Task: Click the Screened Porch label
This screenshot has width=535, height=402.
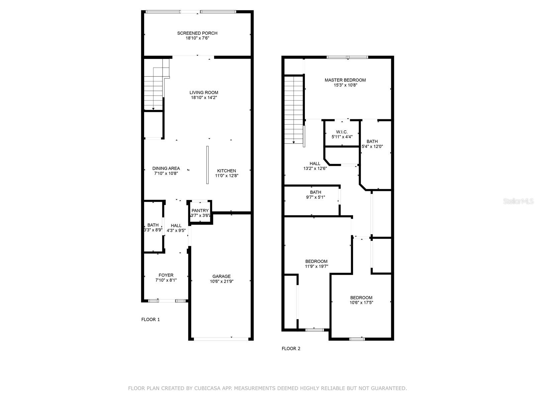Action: click(x=197, y=33)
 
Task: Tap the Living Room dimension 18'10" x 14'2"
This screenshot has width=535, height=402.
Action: click(x=204, y=97)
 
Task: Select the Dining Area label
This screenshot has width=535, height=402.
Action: click(x=166, y=169)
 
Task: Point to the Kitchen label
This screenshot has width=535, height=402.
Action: click(x=226, y=171)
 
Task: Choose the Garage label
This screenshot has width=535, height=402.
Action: click(x=221, y=276)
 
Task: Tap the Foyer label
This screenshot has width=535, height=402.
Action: click(x=166, y=275)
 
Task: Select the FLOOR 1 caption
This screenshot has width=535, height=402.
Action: click(x=150, y=320)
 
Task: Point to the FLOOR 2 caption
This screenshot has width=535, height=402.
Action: click(x=291, y=348)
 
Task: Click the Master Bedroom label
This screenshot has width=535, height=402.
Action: click(x=345, y=80)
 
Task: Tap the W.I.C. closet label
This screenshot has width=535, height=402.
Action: click(x=342, y=132)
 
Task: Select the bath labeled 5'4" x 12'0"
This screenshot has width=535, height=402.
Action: click(x=372, y=144)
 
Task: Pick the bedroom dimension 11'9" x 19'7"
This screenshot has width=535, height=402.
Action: click(x=316, y=266)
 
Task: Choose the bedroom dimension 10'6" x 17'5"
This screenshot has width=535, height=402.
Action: click(x=361, y=303)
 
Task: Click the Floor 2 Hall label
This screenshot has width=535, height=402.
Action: click(x=315, y=163)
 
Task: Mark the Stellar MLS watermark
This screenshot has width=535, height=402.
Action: click(x=518, y=201)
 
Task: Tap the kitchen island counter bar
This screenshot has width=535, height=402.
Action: click(x=207, y=165)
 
